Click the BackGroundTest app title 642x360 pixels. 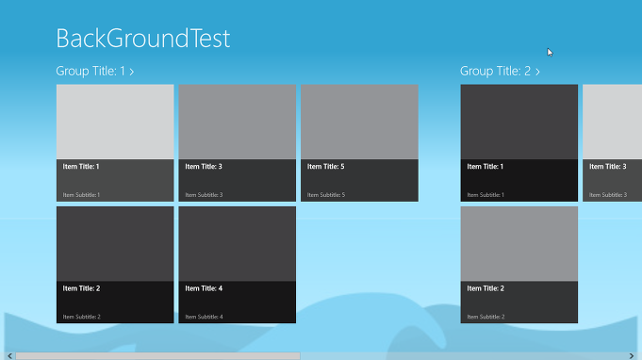[142, 39]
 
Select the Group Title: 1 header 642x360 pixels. [91, 71]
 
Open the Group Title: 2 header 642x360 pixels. [495, 71]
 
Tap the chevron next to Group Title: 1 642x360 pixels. [132, 72]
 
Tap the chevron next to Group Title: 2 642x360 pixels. [537, 72]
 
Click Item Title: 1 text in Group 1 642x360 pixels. [81, 166]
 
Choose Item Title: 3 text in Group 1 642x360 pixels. [204, 166]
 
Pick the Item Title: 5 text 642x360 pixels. [326, 166]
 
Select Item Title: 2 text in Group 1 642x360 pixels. [81, 288]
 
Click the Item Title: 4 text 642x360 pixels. [204, 288]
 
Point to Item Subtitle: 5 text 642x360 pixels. [326, 195]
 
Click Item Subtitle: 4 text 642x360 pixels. [204, 317]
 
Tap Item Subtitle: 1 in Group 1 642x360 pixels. [81, 195]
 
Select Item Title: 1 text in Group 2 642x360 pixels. [486, 166]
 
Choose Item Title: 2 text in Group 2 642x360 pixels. [486, 288]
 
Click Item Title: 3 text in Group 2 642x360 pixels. [608, 166]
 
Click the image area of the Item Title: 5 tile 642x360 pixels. [359, 122]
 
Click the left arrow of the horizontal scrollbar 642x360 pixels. [5, 355]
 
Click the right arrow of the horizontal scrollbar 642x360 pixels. [637, 355]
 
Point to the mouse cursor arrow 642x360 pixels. [550, 52]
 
